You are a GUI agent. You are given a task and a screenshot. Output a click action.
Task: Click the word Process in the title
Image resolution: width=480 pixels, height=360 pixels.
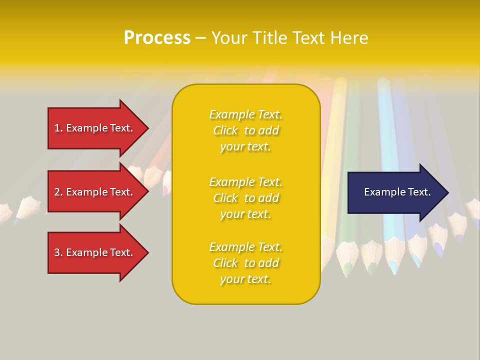point(157,38)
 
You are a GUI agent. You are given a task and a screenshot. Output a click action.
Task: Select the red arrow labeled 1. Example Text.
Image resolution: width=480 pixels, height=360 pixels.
point(95,128)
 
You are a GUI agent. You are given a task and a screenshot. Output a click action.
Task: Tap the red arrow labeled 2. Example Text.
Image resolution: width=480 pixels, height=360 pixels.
point(95,192)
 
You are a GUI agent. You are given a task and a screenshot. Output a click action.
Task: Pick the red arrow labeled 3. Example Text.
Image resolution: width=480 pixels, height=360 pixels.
point(95,252)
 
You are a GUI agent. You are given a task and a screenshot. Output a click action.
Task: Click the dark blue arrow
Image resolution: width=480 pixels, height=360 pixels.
point(395,192)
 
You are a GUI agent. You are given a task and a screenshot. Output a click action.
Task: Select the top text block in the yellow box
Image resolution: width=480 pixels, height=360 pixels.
point(245,130)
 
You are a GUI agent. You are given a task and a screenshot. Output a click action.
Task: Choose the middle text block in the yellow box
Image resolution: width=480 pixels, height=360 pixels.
point(245,198)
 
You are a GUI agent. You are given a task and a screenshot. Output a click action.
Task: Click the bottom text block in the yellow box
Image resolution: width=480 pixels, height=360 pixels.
point(245,263)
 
